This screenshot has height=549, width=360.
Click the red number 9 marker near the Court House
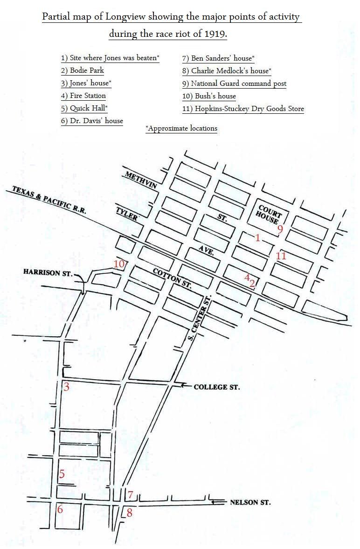[x=280, y=229]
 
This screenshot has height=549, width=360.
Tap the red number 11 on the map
[x=281, y=256]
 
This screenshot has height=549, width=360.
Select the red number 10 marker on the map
[x=118, y=264]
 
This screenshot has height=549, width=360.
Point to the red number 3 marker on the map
[x=66, y=387]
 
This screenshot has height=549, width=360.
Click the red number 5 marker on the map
[x=61, y=474]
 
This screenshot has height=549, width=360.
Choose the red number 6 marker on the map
[x=60, y=509]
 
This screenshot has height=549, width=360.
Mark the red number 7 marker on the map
[x=131, y=494]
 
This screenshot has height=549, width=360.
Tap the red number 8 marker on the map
[x=129, y=513]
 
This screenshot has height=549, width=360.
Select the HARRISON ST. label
[x=48, y=272]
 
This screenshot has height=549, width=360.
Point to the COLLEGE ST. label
[x=216, y=387]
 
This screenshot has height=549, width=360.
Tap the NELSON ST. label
[x=250, y=502]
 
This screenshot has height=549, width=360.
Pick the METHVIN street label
[x=140, y=180]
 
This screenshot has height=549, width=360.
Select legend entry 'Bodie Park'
[x=83, y=70]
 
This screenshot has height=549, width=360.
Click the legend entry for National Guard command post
[x=234, y=83]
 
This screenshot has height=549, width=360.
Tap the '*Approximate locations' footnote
[x=181, y=128]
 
